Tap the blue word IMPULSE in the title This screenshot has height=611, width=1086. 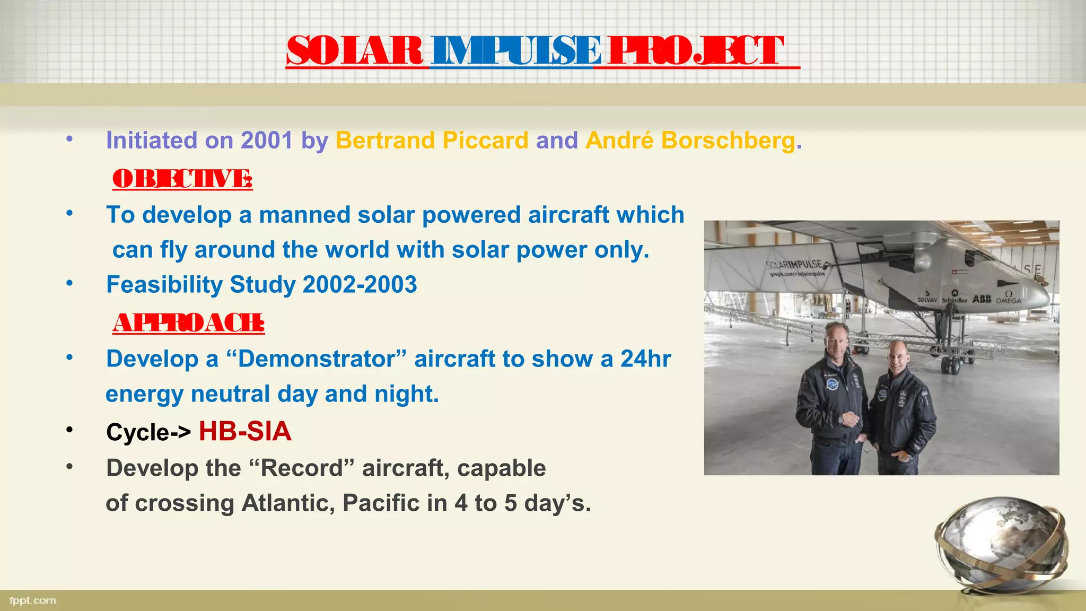515,51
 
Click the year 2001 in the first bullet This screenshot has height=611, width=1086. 266,141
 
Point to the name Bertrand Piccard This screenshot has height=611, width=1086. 432,141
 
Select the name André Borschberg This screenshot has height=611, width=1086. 690,141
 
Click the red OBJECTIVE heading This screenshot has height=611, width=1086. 182,179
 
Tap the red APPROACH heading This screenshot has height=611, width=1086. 188,323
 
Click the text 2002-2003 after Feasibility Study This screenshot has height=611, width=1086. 360,285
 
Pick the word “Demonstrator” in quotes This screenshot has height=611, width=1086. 316,359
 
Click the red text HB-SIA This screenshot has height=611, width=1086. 245,431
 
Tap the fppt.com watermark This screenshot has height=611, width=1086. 33,600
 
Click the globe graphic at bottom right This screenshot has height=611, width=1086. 1001,544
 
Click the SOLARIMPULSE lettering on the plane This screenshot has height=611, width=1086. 794,265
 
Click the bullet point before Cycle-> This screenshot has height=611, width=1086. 69,430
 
